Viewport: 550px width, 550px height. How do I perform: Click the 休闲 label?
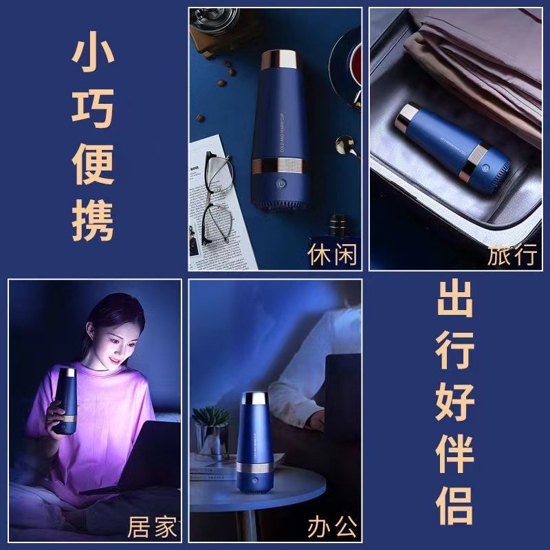(x=333, y=254)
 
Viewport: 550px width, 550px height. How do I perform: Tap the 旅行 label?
(x=512, y=254)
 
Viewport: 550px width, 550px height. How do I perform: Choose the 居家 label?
(x=152, y=528)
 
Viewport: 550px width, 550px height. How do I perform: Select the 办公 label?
(x=333, y=528)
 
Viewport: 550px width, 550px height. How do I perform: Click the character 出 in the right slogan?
(x=455, y=299)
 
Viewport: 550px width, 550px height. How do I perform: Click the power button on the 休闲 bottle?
(x=281, y=184)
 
